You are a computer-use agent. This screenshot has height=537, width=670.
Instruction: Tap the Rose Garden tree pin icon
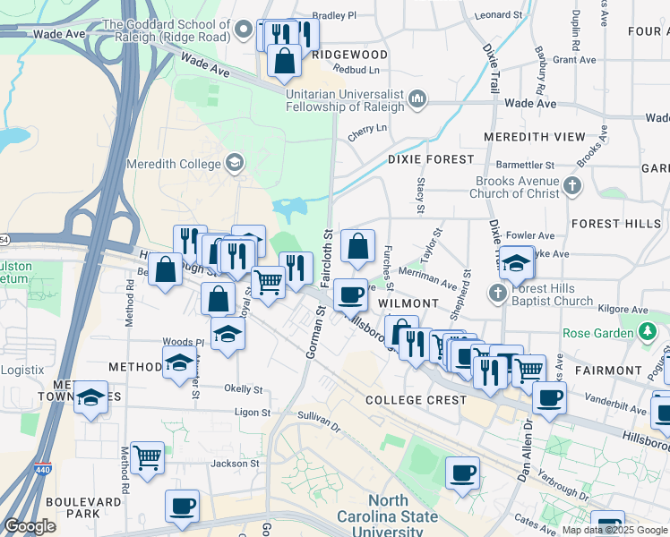click(649, 333)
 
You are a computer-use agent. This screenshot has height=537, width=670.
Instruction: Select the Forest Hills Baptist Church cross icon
click(499, 293)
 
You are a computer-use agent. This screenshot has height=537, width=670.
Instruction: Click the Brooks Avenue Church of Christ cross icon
click(572, 187)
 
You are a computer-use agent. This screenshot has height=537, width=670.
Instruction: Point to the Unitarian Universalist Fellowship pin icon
click(417, 98)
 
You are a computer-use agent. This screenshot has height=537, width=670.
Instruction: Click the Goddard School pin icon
click(243, 31)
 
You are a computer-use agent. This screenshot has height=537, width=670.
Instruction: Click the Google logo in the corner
click(30, 526)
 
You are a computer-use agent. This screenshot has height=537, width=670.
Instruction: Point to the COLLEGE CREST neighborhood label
click(416, 400)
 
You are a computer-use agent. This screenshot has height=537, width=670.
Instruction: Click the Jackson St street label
click(235, 464)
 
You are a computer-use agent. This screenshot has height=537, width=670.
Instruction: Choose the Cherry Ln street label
click(367, 129)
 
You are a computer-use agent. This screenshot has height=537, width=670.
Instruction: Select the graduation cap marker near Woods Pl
click(228, 334)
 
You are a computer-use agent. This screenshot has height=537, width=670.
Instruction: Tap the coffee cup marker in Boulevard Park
click(182, 506)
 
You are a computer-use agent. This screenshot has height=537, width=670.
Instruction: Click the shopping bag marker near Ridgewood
click(285, 60)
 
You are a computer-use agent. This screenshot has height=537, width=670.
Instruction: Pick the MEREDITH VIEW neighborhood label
click(534, 137)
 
